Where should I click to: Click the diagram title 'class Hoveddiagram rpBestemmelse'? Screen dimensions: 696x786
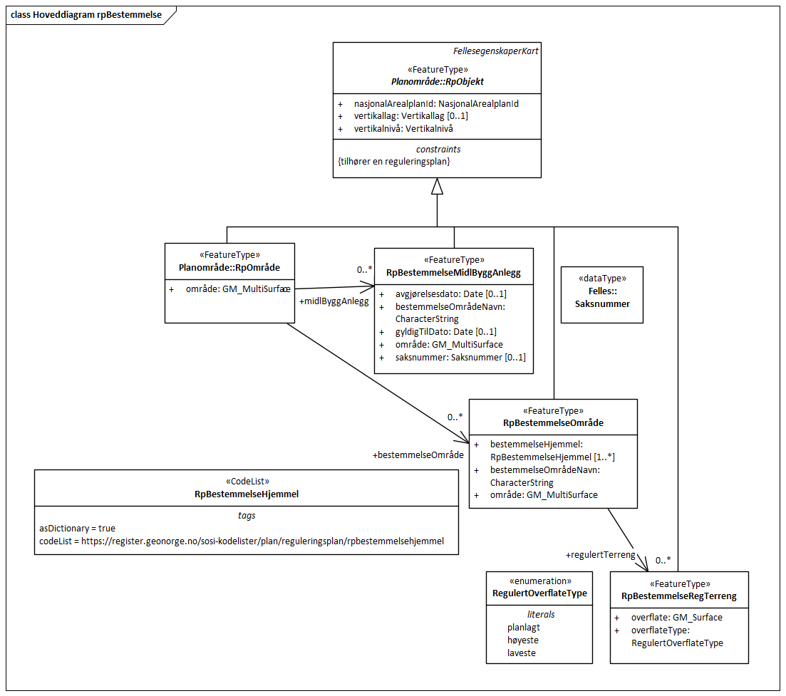(x=86, y=15)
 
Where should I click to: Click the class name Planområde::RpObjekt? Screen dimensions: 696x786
(x=437, y=81)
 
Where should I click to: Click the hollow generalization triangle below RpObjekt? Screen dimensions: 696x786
(x=437, y=187)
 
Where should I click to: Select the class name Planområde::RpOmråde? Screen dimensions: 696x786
(x=229, y=268)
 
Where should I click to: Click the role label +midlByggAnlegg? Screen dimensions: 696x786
(x=334, y=301)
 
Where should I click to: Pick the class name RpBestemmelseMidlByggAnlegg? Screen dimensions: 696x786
(x=453, y=272)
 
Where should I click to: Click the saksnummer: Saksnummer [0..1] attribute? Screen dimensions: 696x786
(x=460, y=357)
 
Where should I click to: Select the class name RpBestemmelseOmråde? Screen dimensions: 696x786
(x=553, y=422)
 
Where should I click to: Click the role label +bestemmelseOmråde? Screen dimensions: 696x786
(x=418, y=455)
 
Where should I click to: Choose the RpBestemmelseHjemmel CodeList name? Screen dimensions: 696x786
(x=247, y=493)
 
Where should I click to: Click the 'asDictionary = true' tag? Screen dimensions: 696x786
(x=77, y=528)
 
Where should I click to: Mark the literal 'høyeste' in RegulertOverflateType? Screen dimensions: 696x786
(x=522, y=640)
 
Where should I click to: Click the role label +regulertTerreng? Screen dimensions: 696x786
(x=600, y=554)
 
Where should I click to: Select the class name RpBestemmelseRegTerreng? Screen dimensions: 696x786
(x=678, y=596)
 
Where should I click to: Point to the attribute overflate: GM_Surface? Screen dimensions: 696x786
(x=676, y=618)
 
